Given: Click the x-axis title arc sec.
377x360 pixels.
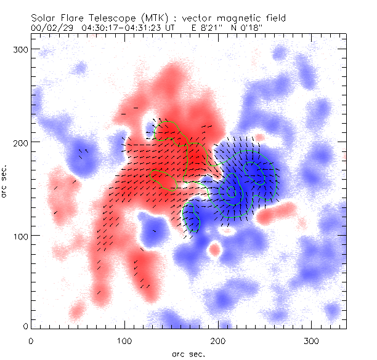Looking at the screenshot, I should coord(188,353).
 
